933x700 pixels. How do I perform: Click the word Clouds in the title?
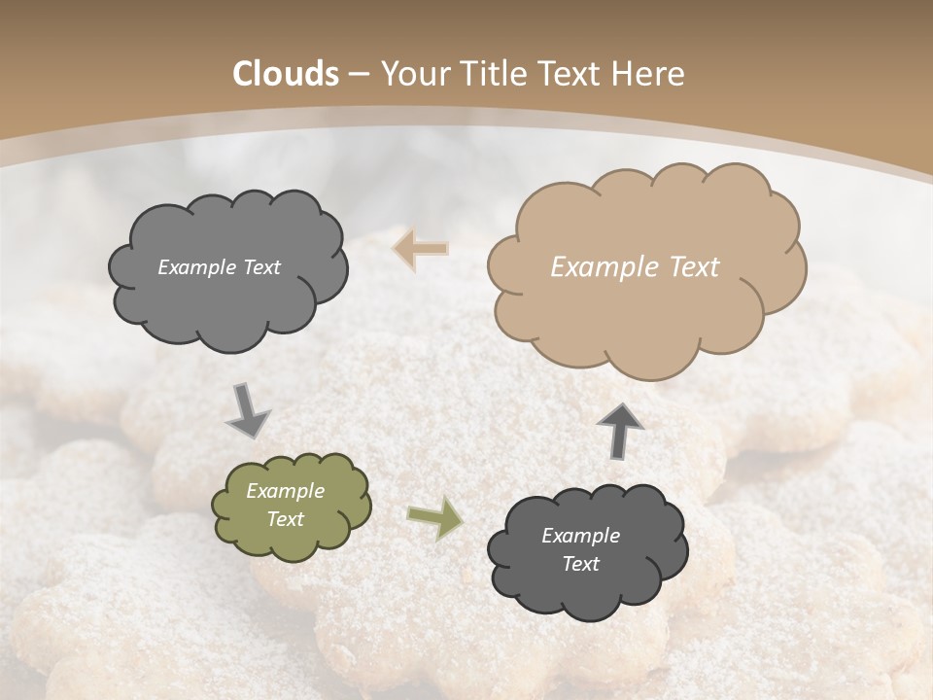(286, 73)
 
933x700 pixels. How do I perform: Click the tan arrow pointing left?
(421, 249)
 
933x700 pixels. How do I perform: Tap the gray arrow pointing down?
(248, 409)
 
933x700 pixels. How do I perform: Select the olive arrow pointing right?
(434, 519)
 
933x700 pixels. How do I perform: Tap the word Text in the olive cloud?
(286, 519)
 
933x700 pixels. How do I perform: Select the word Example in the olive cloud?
(286, 491)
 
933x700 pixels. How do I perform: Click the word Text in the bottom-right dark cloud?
(580, 564)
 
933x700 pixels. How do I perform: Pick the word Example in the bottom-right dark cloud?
(580, 536)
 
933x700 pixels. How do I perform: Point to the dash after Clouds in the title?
(358, 74)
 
